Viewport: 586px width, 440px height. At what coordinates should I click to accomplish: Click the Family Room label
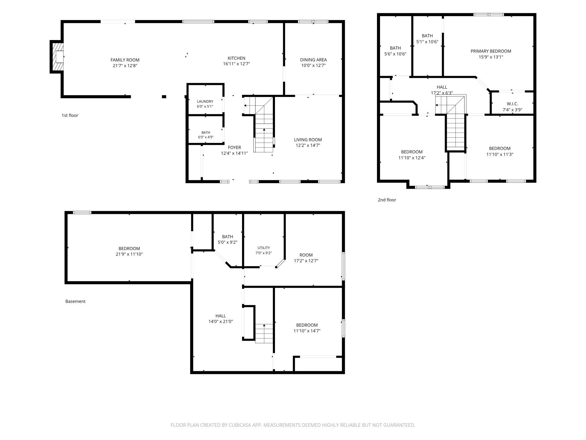pyautogui.click(x=125, y=60)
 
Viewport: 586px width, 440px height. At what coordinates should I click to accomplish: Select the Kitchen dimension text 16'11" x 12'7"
pyautogui.click(x=236, y=64)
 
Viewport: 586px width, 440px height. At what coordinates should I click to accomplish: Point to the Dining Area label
pyautogui.click(x=313, y=60)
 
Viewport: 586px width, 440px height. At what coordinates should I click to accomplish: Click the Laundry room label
pyautogui.click(x=205, y=102)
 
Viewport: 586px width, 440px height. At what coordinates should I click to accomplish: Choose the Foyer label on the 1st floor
pyautogui.click(x=234, y=148)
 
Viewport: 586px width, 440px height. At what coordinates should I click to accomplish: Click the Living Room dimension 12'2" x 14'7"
pyautogui.click(x=308, y=146)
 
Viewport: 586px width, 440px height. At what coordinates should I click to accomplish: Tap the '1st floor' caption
pyautogui.click(x=70, y=115)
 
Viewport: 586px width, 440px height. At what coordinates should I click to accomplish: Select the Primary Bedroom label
pyautogui.click(x=491, y=51)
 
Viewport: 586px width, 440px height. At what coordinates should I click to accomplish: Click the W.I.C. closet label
pyautogui.click(x=512, y=104)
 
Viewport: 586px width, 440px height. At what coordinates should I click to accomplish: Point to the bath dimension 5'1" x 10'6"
pyautogui.click(x=427, y=42)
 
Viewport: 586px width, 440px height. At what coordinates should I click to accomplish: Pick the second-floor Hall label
pyautogui.click(x=442, y=87)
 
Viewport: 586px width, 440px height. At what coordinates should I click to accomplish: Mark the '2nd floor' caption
pyautogui.click(x=387, y=200)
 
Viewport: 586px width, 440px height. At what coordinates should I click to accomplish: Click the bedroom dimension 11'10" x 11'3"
pyautogui.click(x=500, y=154)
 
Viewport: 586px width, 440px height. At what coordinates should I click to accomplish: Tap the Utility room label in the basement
pyautogui.click(x=264, y=248)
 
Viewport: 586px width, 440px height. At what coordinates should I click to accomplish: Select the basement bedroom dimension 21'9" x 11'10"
pyautogui.click(x=129, y=254)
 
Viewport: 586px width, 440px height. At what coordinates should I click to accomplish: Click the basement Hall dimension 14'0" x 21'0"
pyautogui.click(x=221, y=322)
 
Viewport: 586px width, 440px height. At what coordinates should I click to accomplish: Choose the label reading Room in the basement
pyautogui.click(x=306, y=255)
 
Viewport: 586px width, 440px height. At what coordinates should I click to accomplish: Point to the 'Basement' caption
pyautogui.click(x=75, y=301)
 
